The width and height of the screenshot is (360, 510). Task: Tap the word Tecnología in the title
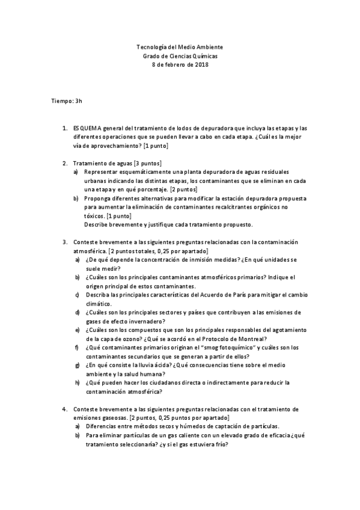(x=151, y=47)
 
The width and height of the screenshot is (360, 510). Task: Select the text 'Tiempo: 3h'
(x=66, y=100)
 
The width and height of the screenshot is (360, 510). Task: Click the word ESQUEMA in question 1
(x=86, y=128)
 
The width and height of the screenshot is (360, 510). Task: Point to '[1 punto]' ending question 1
(x=156, y=146)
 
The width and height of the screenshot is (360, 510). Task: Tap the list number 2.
(x=65, y=163)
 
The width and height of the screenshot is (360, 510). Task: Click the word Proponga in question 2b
(x=98, y=198)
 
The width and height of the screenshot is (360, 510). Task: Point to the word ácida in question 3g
(x=158, y=365)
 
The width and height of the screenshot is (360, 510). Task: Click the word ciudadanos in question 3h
(x=164, y=382)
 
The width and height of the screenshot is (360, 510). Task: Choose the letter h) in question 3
(x=77, y=382)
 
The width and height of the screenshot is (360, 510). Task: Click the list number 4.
(x=65, y=408)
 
